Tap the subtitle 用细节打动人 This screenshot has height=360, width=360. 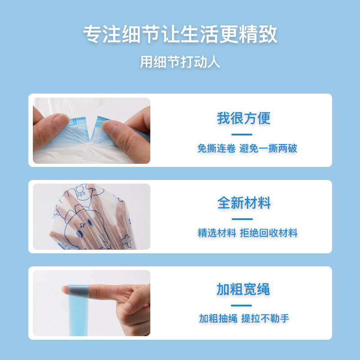(180, 62)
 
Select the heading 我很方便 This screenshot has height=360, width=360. (243, 118)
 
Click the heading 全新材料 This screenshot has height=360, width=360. (243, 203)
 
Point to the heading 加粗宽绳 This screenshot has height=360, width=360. (243, 289)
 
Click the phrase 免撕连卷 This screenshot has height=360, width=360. (216, 148)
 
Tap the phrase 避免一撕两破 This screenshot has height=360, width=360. (268, 148)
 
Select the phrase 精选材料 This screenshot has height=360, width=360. (216, 233)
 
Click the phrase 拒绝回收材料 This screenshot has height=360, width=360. (269, 233)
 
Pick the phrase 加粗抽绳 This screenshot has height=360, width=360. (218, 319)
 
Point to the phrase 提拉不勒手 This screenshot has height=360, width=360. (265, 319)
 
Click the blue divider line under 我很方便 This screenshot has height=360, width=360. (242, 134)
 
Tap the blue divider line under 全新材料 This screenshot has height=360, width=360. (242, 219)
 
